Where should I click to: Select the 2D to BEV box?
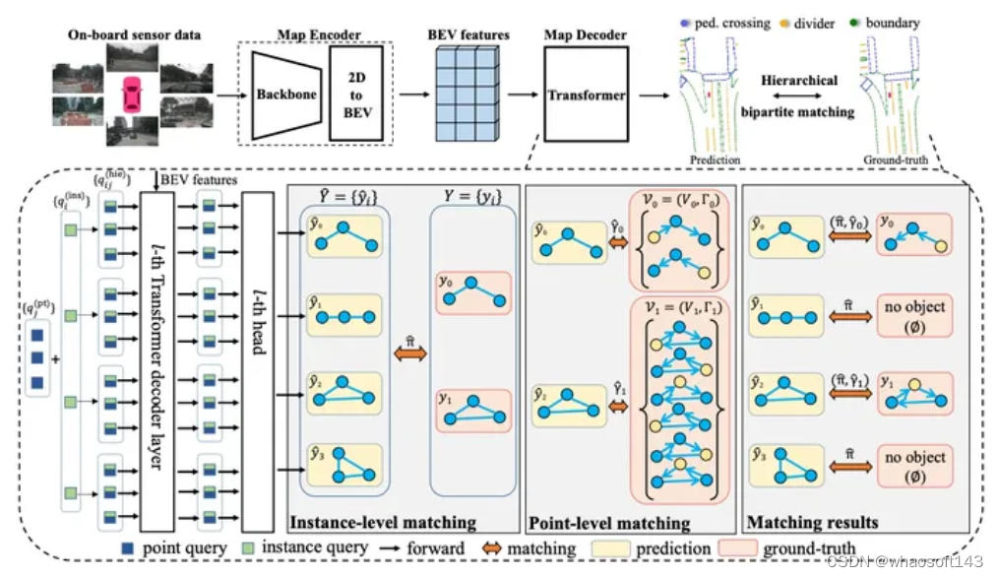[356, 95]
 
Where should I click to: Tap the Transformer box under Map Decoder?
[586, 96]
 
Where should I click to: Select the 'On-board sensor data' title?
[134, 35]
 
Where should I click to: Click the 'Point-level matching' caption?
[609, 523]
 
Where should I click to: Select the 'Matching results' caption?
[798, 522]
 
